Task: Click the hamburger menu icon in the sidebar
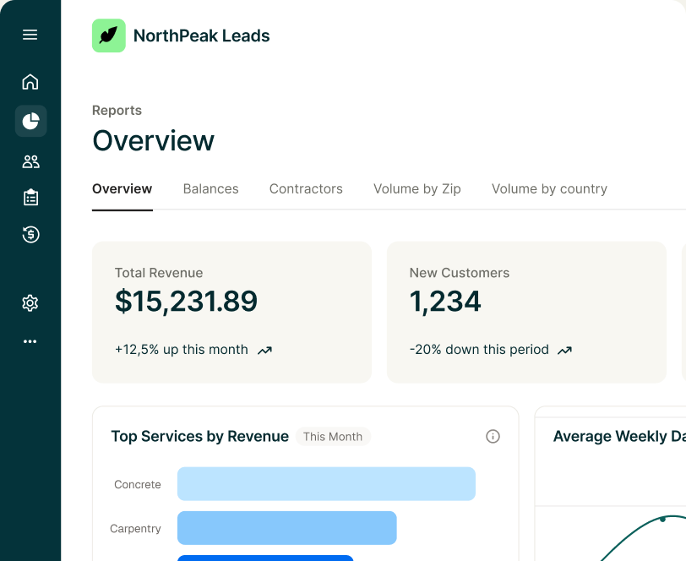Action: pos(30,35)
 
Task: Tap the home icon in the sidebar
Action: pos(30,82)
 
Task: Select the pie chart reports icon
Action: pos(30,121)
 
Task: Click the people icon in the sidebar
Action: pos(30,161)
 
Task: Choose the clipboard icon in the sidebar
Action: pos(30,198)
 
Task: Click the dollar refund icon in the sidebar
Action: pos(30,235)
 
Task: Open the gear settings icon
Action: pos(30,302)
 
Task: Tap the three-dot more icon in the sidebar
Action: pos(30,341)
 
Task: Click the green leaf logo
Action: pos(109,35)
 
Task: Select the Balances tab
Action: pos(211,188)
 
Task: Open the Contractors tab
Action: pos(306,188)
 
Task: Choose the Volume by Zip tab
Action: pos(417,189)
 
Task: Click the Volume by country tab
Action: pos(549,189)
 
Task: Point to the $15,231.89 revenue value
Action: pos(187,302)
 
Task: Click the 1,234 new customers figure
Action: pos(445,302)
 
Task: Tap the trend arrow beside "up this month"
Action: pos(264,351)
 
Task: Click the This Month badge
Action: pos(333,437)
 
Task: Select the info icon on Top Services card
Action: pos(493,436)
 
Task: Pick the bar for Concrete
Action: pos(326,484)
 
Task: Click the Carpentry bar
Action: pos(287,528)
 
